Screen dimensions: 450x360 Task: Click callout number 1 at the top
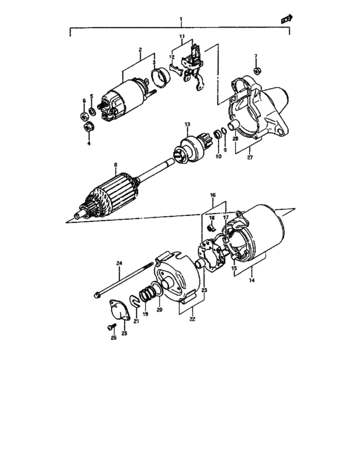(181, 19)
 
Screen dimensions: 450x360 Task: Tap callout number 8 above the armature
(115, 165)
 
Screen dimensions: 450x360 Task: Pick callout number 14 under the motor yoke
(251, 280)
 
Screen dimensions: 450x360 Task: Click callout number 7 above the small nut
(255, 56)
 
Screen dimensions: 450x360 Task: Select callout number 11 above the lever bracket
(182, 36)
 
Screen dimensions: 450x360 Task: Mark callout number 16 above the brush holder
(213, 194)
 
